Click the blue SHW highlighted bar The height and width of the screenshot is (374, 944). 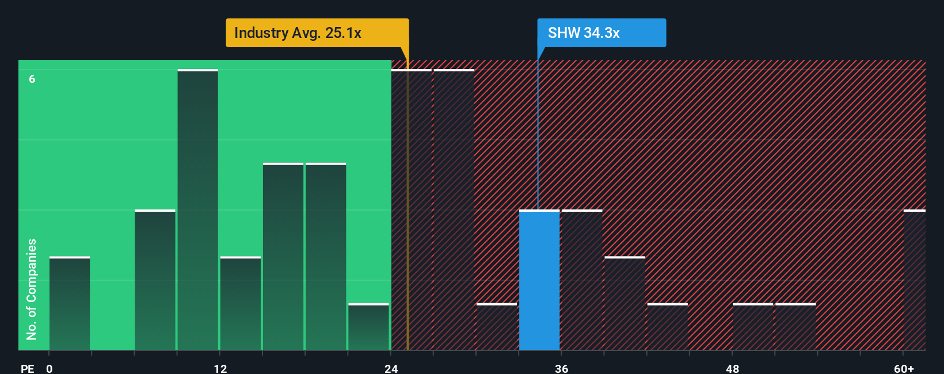[539, 280]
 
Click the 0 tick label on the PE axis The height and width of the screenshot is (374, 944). [50, 368]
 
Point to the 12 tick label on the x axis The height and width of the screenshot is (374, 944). [220, 368]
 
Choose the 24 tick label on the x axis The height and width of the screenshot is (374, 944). [391, 368]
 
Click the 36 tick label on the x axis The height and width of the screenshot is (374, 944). [562, 368]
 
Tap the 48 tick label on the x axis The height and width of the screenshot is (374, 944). [733, 368]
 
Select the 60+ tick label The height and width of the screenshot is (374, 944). [904, 368]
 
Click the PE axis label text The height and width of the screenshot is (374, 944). [28, 368]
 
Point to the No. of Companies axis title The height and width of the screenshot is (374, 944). [32, 289]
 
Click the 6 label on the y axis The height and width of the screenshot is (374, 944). [32, 79]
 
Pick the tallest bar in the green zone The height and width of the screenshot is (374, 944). [198, 210]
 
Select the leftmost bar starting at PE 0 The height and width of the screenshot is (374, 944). [70, 304]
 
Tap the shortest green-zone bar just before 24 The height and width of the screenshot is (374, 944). [369, 327]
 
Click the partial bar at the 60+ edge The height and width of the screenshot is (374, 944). [915, 280]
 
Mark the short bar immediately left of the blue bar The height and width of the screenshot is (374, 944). [497, 327]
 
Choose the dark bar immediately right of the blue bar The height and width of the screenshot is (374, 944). [582, 280]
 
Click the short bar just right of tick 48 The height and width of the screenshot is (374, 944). [753, 327]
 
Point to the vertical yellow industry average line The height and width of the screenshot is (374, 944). [408, 230]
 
